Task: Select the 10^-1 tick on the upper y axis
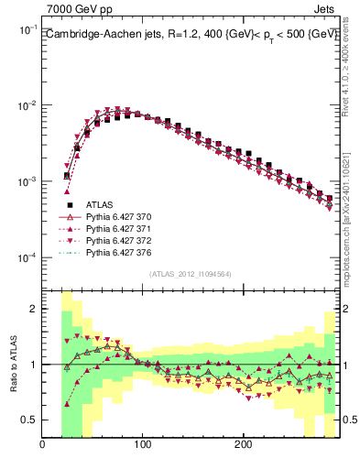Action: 27,30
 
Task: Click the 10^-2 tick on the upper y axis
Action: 27,106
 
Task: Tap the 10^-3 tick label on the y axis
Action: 27,182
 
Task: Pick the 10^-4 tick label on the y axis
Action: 27,258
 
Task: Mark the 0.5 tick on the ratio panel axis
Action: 30,420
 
